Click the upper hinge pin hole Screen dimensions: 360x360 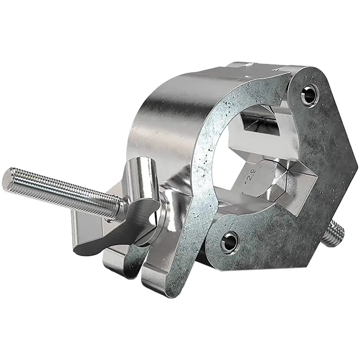click(309, 94)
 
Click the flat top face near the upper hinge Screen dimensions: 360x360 click(265, 67)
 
